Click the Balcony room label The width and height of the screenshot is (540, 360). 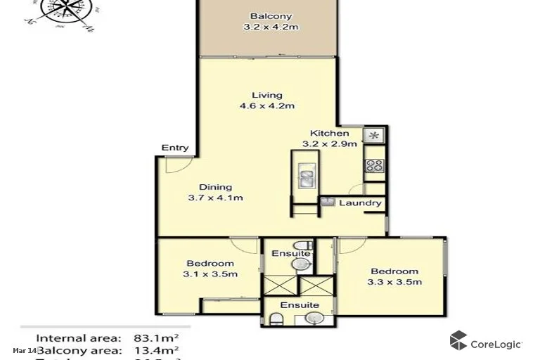271,17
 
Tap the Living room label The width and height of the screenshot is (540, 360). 267,95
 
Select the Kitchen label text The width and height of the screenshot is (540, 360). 330,133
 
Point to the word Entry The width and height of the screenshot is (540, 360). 175,148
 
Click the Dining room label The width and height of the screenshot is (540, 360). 215,187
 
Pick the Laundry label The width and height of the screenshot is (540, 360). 360,203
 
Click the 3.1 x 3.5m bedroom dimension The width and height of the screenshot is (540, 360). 210,274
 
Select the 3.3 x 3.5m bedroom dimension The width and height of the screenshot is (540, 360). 394,282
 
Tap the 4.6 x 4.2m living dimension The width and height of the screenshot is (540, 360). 266,106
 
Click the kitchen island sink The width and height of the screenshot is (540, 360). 307,176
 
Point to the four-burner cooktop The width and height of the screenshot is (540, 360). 374,167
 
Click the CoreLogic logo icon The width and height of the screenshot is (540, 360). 458,341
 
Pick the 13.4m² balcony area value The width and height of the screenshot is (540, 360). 155,349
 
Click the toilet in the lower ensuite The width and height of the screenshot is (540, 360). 276,320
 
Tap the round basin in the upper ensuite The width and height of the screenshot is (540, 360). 301,264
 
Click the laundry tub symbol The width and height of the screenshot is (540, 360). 327,201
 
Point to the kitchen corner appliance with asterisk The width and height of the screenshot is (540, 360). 373,136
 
